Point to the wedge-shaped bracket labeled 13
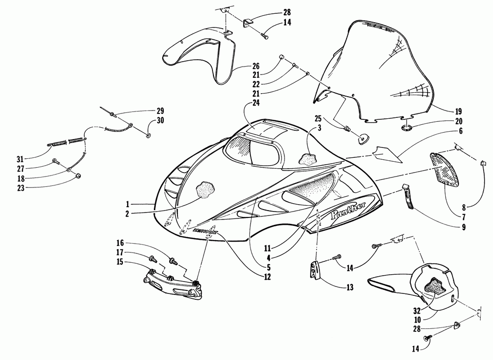point(314,271)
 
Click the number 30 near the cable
point(161,120)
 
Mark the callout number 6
point(461,132)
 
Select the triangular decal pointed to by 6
point(387,154)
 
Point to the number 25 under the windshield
point(317,118)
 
